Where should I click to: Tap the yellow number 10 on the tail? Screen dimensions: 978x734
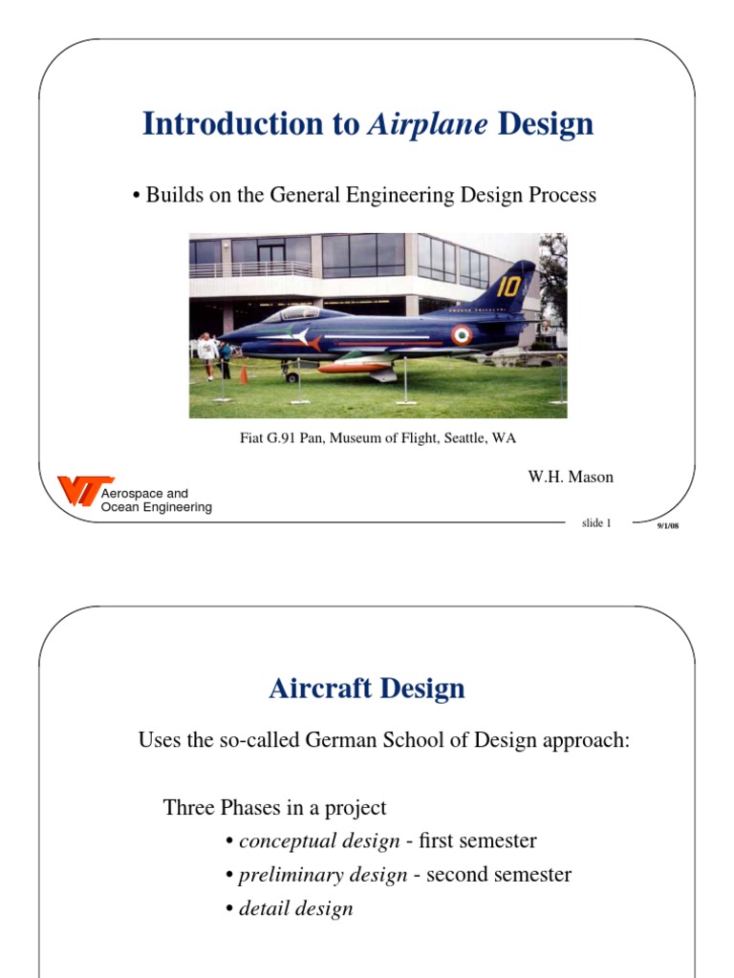(x=508, y=286)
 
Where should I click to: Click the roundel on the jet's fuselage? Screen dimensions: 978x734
(x=462, y=335)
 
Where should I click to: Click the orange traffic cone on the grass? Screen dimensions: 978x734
(x=244, y=373)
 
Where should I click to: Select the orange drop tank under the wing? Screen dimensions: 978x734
(x=355, y=367)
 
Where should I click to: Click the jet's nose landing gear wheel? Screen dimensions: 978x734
(x=291, y=376)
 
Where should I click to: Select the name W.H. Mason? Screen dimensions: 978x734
(x=571, y=478)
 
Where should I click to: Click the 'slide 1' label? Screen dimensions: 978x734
(x=595, y=522)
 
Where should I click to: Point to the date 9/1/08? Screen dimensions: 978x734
(x=666, y=526)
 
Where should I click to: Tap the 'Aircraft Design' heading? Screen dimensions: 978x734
(x=367, y=689)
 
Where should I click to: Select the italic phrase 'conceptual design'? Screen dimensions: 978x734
(x=319, y=840)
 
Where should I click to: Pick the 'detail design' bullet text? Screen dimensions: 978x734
(x=295, y=907)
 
